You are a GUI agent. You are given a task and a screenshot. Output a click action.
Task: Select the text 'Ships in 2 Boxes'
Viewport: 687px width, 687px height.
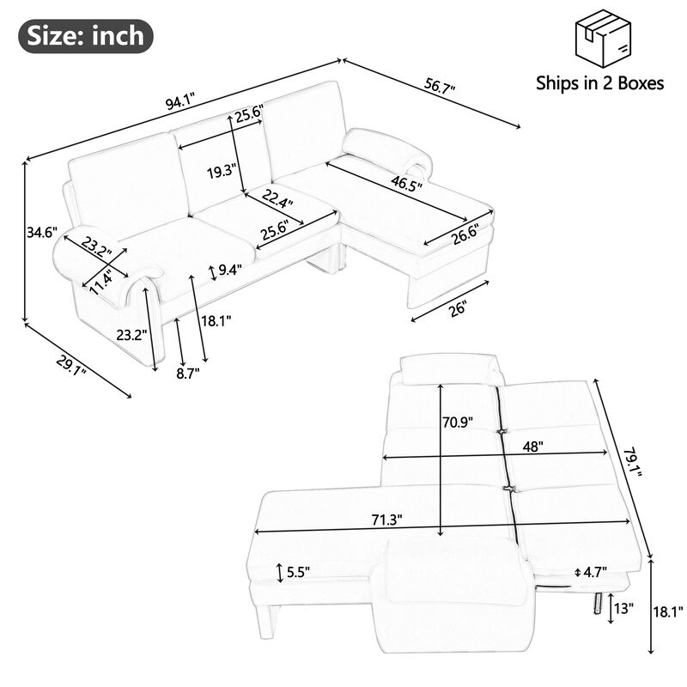tap(599, 83)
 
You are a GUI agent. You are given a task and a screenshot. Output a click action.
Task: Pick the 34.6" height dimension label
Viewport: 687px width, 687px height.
tap(41, 232)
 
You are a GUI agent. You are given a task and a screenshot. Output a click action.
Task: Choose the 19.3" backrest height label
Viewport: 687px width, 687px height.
tap(222, 171)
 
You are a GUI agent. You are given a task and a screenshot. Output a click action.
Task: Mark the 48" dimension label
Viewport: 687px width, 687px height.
tap(535, 447)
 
